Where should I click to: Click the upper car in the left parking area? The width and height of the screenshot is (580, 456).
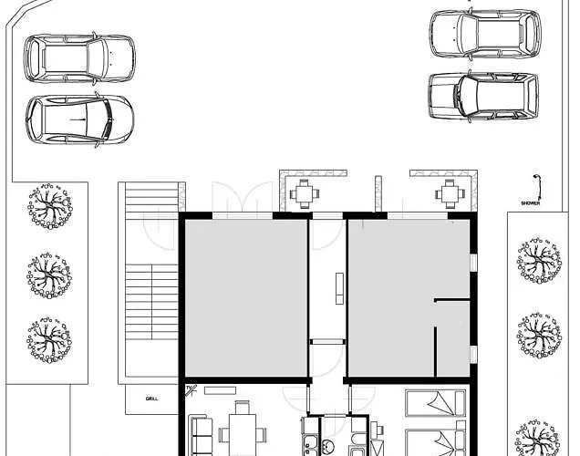click(80, 58)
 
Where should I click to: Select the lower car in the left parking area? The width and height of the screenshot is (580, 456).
click(80, 119)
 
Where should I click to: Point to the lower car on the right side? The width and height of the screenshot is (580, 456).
click(482, 95)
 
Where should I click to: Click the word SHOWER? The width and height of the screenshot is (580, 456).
click(531, 204)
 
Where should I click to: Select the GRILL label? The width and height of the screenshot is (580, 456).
click(150, 399)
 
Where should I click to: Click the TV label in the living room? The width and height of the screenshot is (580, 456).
click(190, 390)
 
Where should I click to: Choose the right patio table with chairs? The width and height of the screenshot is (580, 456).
click(448, 192)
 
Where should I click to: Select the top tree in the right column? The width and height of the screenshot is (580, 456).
click(538, 260)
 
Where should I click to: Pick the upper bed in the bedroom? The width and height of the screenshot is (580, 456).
click(435, 403)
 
